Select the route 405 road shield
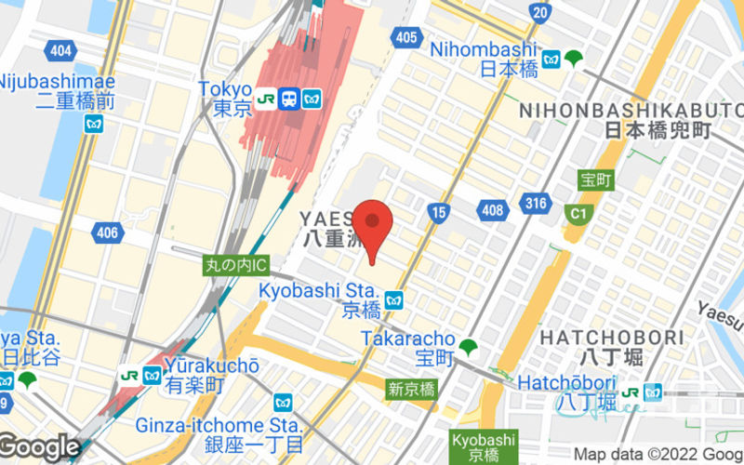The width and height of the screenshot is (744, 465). click(405, 37)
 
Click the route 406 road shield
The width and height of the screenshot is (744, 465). click(107, 232)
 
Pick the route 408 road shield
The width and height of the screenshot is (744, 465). click(492, 210)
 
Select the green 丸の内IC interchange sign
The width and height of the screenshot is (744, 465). click(236, 265)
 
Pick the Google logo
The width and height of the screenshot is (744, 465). click(39, 447)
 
